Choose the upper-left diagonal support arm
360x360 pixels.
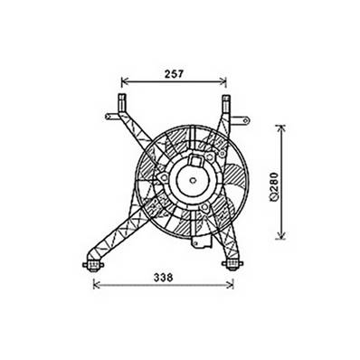(x=134, y=131)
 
